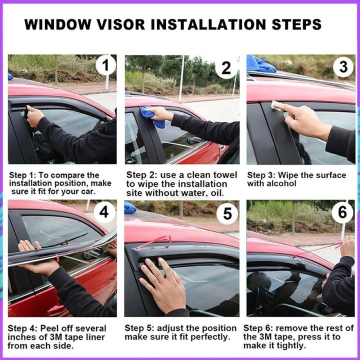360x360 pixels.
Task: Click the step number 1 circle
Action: tap(105, 65)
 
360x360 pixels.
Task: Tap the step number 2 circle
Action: tap(226, 68)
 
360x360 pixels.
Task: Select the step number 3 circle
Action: tap(343, 67)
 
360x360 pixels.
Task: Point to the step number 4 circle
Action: tap(103, 211)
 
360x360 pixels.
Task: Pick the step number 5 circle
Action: tap(227, 214)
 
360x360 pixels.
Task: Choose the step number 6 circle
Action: tap(342, 213)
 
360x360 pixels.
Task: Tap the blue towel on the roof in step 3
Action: tap(261, 64)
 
